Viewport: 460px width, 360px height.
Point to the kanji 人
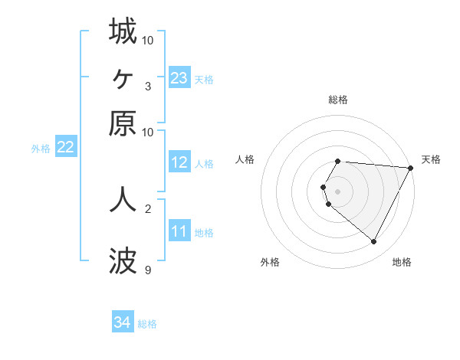pyautogui.click(x=123, y=198)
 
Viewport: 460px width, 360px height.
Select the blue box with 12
pyautogui.click(x=179, y=162)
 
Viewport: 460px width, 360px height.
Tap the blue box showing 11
pyautogui.click(x=179, y=231)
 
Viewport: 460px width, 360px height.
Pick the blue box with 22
pyautogui.click(x=65, y=148)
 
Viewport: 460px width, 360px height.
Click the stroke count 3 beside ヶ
pyautogui.click(x=148, y=86)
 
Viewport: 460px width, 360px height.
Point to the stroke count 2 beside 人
pyautogui.click(x=148, y=208)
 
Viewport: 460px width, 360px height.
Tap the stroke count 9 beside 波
pyautogui.click(x=148, y=270)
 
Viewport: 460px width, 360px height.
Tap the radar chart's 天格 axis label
pyautogui.click(x=431, y=159)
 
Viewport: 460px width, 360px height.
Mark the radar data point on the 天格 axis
pyautogui.click(x=411, y=168)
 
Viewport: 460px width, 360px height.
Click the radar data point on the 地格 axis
pyautogui.click(x=374, y=242)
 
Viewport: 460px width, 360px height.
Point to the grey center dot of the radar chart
pyautogui.click(x=338, y=191)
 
